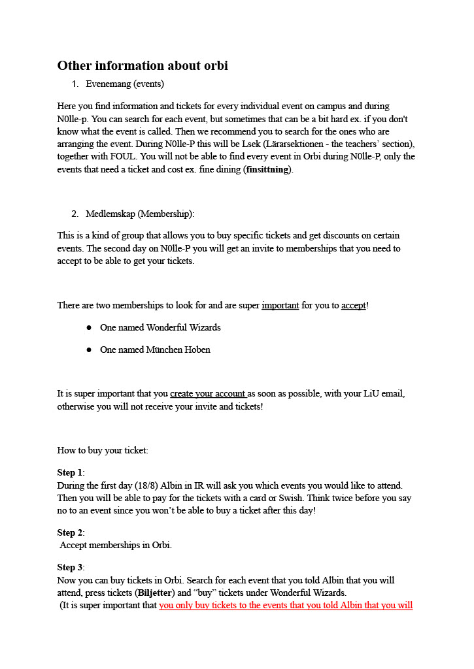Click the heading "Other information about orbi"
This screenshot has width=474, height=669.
tap(143, 66)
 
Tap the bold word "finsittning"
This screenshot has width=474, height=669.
tap(267, 169)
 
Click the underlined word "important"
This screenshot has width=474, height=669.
tap(280, 305)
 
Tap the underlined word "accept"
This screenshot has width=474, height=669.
tap(354, 305)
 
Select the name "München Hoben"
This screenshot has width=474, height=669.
tap(178, 350)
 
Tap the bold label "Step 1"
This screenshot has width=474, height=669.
tap(70, 472)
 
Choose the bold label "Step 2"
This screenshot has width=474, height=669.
tap(70, 532)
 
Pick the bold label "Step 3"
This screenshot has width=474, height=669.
tap(70, 567)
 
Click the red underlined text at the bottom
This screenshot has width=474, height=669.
tap(286, 605)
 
